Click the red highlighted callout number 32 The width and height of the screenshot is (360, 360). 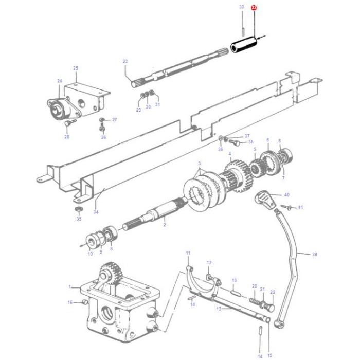coord(254,8)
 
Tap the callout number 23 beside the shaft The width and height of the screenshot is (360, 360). coord(125,62)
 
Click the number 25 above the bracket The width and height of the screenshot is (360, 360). coord(76,68)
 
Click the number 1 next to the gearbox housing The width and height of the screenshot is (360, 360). coord(70,287)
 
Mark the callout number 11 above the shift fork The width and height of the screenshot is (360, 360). coord(188,253)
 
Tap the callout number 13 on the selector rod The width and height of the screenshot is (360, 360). coord(219,309)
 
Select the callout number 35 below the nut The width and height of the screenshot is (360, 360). coord(79,219)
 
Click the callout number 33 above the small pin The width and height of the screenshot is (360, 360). coord(242,7)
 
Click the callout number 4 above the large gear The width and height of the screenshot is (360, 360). coord(230,154)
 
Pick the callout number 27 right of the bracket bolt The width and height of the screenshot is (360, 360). coord(114,120)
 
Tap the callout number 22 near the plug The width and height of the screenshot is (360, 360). coord(273,292)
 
